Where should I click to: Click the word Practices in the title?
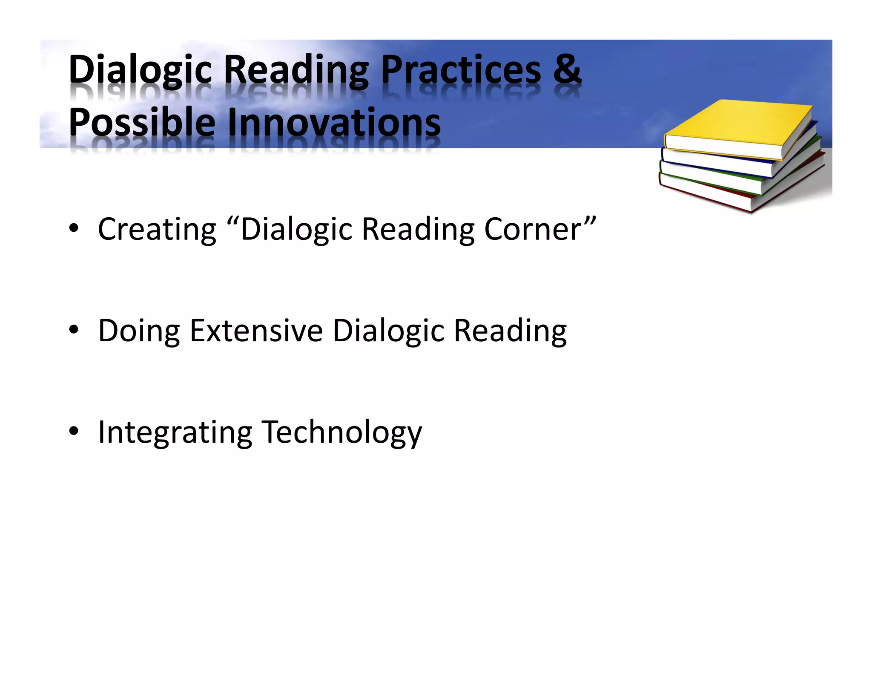click(461, 70)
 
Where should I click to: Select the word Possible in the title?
click(142, 123)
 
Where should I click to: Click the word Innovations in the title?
click(334, 123)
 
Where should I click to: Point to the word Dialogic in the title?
click(141, 70)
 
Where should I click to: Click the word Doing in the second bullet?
click(139, 331)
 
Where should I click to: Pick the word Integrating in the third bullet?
click(175, 433)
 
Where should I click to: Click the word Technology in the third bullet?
click(341, 433)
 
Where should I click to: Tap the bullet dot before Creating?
click(74, 229)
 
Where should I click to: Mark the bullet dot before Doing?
click(74, 330)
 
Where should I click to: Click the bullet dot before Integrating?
click(74, 431)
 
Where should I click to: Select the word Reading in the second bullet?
click(510, 331)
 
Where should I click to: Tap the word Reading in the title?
click(296, 70)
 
